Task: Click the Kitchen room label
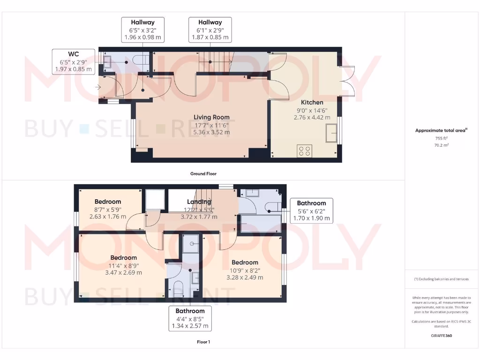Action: click(x=312, y=102)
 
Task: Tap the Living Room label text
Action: click(x=212, y=117)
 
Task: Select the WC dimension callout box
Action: click(x=74, y=62)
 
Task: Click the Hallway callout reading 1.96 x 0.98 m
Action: click(x=142, y=30)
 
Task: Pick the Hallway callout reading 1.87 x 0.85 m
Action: click(x=210, y=30)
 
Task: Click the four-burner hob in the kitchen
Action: click(x=304, y=151)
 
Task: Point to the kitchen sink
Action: click(x=332, y=133)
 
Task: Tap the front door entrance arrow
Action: click(x=98, y=87)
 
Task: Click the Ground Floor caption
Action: click(x=203, y=173)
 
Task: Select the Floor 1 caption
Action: click(x=203, y=342)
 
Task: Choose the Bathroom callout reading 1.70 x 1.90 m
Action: click(x=311, y=210)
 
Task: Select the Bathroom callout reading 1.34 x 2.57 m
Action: click(x=190, y=318)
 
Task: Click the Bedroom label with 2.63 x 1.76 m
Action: click(x=108, y=202)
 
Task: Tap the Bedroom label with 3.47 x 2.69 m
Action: click(x=124, y=257)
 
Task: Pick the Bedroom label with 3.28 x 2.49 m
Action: click(x=245, y=262)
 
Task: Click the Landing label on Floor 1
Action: click(x=199, y=202)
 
